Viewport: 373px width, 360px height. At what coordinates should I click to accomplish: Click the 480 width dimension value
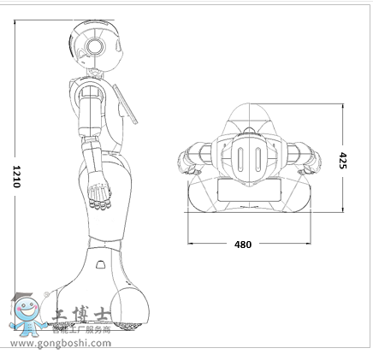pos(243,245)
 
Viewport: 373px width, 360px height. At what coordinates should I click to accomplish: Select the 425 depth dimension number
pos(342,160)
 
